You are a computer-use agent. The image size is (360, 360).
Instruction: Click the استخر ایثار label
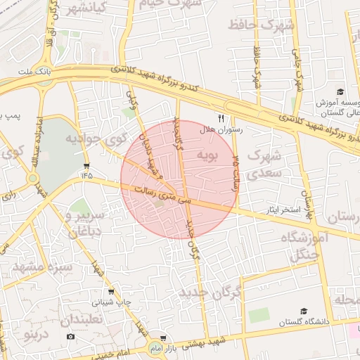(281, 210)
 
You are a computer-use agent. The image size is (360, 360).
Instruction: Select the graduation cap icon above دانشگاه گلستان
(304, 310)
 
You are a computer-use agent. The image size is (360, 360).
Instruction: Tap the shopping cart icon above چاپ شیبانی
(110, 292)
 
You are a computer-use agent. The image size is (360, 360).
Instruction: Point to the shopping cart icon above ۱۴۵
(86, 166)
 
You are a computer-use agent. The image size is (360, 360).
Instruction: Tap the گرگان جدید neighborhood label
(210, 291)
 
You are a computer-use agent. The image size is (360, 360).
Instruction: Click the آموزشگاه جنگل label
(304, 247)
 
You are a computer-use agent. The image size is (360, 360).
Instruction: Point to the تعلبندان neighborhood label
(82, 319)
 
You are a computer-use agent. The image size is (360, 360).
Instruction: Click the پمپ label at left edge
(10, 114)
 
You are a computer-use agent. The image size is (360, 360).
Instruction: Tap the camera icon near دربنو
(70, 337)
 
